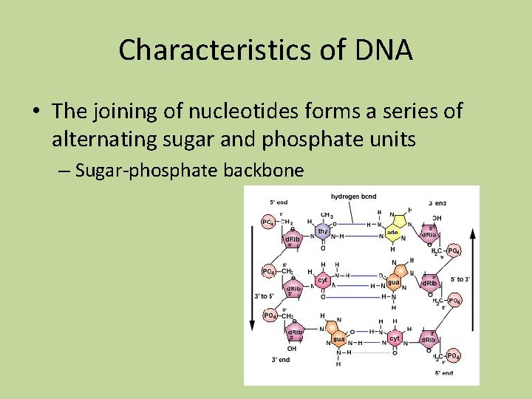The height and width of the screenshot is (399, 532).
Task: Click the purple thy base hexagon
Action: point(322,232)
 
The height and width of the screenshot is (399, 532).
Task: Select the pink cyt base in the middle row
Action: point(323,281)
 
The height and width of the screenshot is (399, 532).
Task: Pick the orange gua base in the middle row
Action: point(393,282)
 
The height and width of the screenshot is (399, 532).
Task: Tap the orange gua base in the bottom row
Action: point(338,338)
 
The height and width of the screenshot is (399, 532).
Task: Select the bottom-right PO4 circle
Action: point(453,357)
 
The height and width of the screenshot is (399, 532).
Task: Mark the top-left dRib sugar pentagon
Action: point(293,238)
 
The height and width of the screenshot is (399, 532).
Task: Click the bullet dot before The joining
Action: point(35,112)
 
